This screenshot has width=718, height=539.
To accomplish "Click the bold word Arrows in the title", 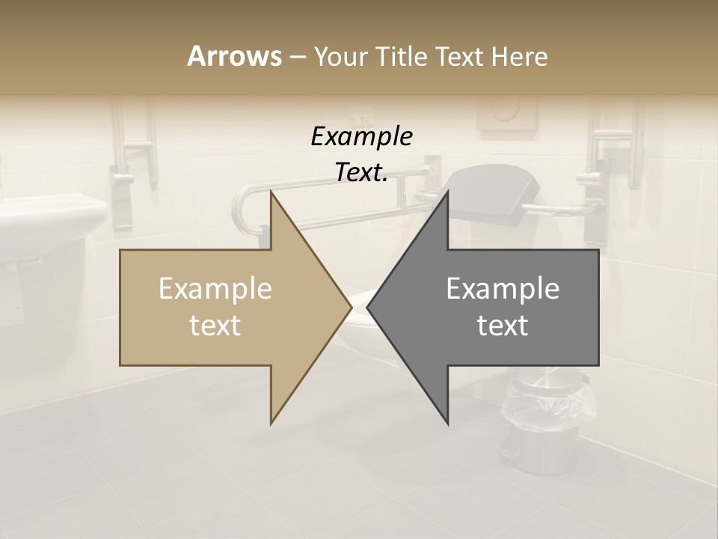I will [x=234, y=56].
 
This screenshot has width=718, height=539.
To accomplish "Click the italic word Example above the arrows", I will [x=361, y=136].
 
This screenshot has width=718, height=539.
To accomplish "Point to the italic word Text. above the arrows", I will [x=361, y=172].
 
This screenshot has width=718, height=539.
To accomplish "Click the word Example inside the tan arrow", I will [x=215, y=289].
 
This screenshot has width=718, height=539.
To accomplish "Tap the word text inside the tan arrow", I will [x=215, y=325].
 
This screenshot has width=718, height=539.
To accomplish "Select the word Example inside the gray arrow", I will [x=503, y=289].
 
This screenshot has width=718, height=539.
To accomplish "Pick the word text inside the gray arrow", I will [x=503, y=325].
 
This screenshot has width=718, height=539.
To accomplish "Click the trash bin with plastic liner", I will [x=552, y=419].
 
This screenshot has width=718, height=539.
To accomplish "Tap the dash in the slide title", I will [x=297, y=57].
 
